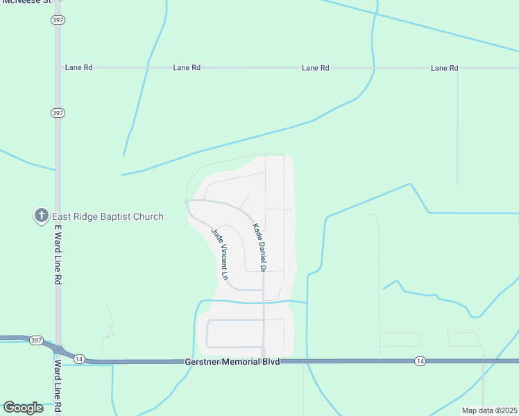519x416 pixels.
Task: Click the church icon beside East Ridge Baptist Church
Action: point(41,216)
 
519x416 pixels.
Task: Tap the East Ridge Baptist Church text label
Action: point(108,216)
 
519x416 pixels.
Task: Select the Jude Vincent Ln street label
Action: point(219,253)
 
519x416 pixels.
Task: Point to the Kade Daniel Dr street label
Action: point(259,247)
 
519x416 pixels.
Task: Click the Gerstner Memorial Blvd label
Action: point(232,362)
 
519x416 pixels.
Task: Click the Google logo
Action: point(24,408)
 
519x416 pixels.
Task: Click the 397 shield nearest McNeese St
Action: point(58,20)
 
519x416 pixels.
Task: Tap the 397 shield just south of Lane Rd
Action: point(58,112)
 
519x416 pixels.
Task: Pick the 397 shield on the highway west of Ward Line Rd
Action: point(36,340)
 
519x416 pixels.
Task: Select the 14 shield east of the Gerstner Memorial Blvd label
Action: point(420,361)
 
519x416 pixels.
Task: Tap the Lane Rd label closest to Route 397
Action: point(78,68)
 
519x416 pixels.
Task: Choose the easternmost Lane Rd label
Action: point(444,68)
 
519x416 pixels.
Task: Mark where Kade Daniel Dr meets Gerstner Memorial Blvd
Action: point(264,361)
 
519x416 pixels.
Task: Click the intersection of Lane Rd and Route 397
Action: point(58,68)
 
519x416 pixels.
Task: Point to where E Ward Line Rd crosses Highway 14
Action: point(59,352)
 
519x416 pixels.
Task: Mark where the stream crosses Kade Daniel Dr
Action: point(264,302)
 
